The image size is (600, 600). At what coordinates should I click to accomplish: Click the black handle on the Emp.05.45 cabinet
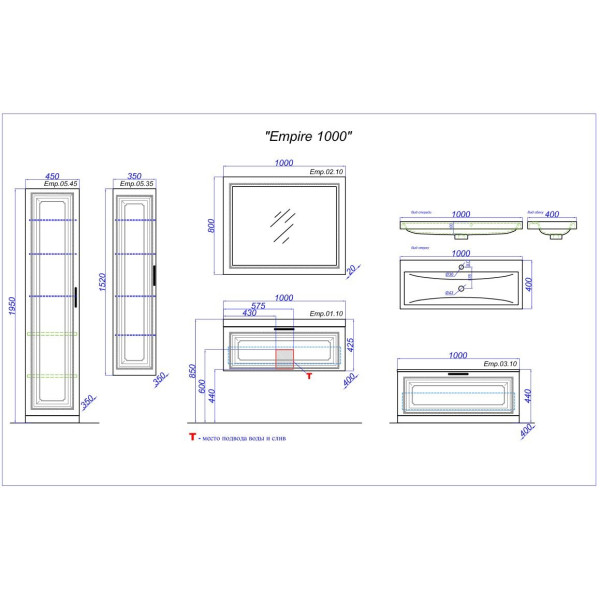click(x=76, y=296)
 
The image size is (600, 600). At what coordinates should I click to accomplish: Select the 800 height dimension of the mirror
click(x=212, y=226)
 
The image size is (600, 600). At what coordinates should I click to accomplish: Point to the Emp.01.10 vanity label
click(x=325, y=314)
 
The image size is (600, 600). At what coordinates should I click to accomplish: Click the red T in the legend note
click(x=190, y=437)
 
